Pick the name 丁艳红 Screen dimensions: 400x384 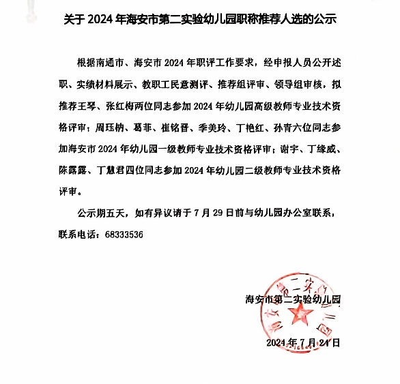[x=280, y=127]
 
